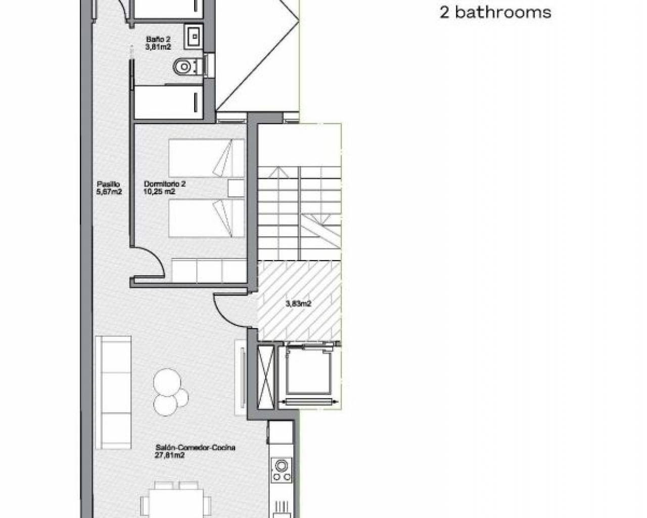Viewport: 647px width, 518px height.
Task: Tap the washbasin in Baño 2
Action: (x=194, y=36)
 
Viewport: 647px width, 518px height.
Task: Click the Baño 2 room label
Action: (x=158, y=39)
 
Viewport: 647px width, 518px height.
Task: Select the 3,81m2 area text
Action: (x=158, y=47)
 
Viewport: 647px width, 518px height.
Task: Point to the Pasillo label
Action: (x=108, y=184)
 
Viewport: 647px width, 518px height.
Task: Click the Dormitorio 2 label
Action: (x=165, y=184)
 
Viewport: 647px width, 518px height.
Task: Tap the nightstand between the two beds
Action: (x=236, y=188)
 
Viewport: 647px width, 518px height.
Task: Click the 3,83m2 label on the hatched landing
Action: (x=298, y=304)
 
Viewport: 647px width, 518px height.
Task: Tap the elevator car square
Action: (x=308, y=372)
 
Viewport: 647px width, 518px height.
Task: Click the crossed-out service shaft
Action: (x=266, y=377)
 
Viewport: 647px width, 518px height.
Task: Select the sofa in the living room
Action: (x=113, y=393)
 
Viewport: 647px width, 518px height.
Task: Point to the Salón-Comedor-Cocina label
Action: (x=196, y=448)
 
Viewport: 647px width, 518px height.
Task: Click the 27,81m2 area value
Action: (x=169, y=455)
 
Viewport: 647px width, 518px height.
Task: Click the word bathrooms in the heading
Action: (x=503, y=13)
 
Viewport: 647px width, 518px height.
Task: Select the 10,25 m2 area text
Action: (x=159, y=192)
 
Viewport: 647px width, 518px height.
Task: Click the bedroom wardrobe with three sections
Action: (x=209, y=271)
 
